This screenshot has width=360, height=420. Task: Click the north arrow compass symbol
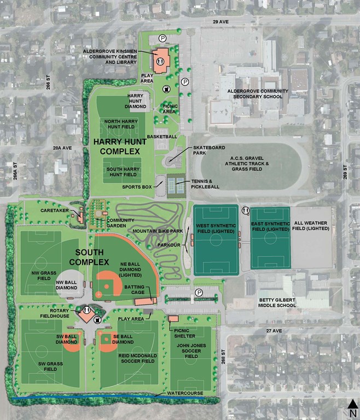click(353, 407)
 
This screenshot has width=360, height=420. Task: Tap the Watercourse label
click(185, 393)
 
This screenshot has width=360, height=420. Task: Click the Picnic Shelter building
click(173, 319)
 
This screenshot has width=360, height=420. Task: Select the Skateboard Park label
click(204, 151)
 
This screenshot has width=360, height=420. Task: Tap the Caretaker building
click(80, 217)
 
